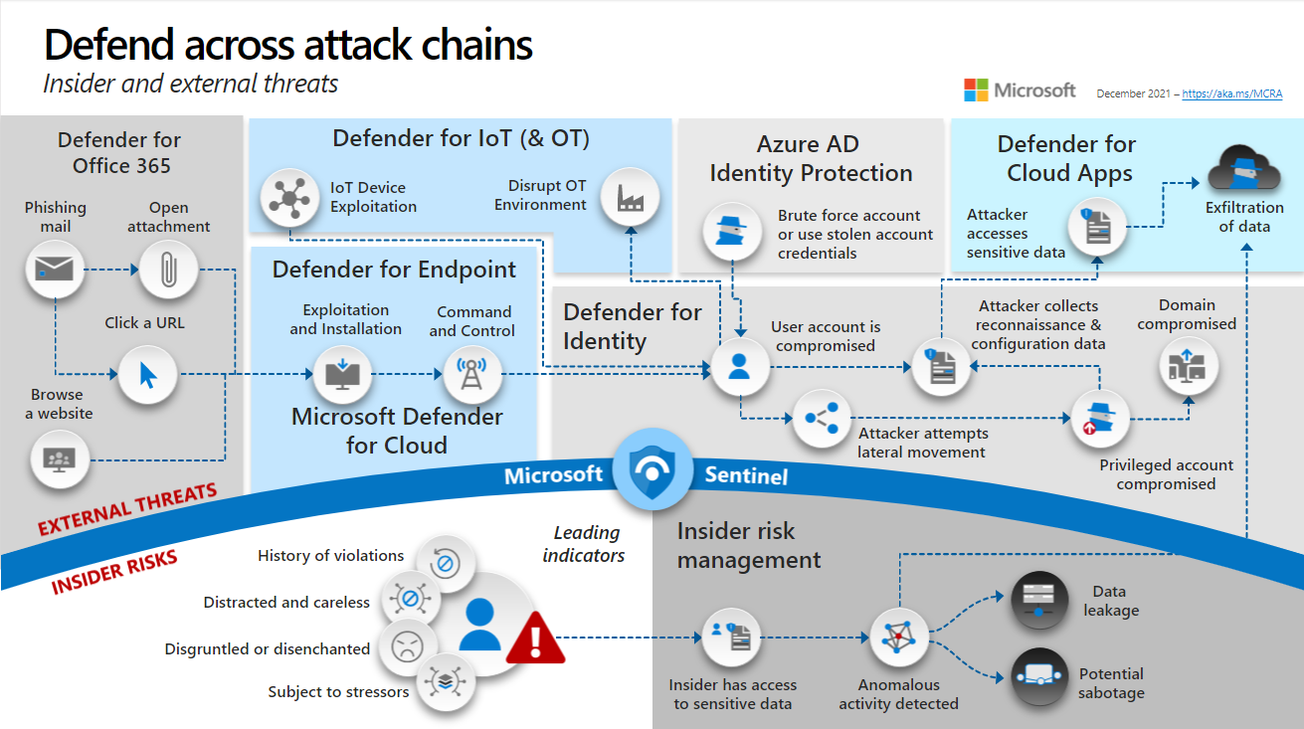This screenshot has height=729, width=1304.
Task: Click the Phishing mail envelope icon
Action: [54, 270]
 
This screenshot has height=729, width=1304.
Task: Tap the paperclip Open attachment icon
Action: [168, 269]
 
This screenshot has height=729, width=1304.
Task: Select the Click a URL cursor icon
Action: [147, 375]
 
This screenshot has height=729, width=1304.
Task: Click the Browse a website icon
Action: [60, 458]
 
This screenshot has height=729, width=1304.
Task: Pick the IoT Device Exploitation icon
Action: [289, 196]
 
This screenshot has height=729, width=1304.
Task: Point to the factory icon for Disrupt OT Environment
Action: [631, 197]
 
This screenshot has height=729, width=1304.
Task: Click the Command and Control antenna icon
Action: [472, 374]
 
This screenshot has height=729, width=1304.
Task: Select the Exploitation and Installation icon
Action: [342, 374]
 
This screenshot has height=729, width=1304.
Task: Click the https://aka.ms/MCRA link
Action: [1232, 93]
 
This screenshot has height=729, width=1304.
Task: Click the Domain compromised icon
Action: [1188, 369]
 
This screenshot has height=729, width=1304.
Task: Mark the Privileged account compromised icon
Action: [1100, 421]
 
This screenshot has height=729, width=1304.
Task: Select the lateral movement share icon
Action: [822, 419]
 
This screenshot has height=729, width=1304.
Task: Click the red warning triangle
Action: [535, 638]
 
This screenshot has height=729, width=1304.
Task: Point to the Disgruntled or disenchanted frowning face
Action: [406, 647]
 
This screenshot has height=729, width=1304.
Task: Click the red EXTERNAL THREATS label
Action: [127, 508]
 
